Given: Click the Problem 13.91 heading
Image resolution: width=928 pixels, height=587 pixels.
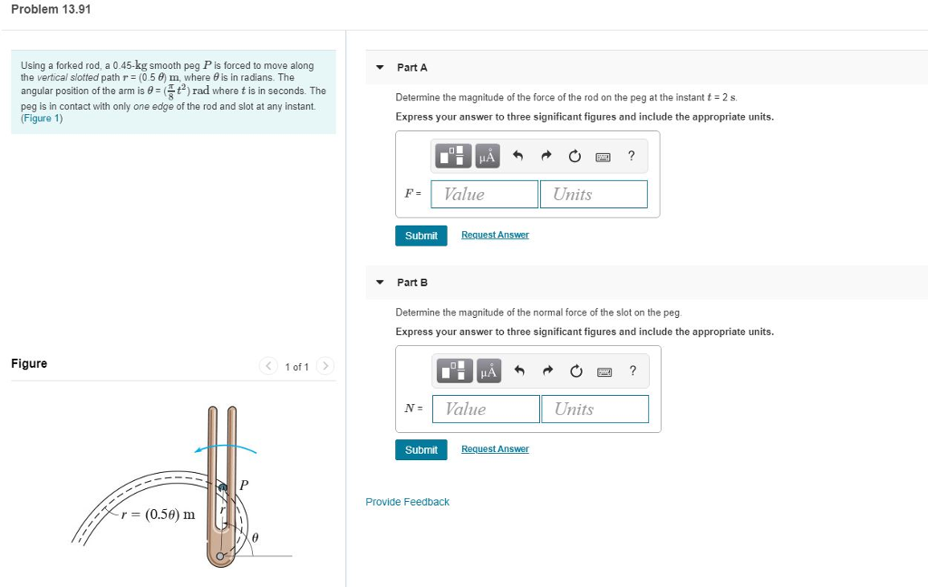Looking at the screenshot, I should (52, 9).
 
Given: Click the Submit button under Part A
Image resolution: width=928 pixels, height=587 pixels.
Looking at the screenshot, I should (420, 236).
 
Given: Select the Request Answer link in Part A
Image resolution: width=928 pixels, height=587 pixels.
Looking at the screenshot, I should (495, 235).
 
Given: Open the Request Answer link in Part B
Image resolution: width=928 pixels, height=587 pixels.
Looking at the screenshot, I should (495, 449).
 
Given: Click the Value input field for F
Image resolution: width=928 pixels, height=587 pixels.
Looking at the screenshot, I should (485, 194).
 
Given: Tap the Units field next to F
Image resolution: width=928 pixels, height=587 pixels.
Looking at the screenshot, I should (594, 194).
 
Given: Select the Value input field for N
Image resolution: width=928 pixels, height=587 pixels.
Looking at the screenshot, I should (486, 409).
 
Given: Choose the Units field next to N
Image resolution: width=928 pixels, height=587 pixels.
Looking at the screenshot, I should (594, 409).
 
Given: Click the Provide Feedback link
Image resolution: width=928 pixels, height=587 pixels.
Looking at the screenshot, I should (407, 502).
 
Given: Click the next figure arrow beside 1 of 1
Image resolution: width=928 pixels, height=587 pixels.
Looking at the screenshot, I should (325, 366).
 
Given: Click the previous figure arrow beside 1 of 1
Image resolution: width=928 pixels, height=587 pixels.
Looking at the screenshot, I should (268, 366).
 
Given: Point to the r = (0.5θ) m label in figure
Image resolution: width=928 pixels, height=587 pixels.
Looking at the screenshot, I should (159, 515).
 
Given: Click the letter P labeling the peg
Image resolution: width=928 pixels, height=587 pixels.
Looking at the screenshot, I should (244, 486).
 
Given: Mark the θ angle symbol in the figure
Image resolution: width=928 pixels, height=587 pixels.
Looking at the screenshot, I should (255, 537).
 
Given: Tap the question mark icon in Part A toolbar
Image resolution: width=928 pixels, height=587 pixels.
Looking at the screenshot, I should (632, 157).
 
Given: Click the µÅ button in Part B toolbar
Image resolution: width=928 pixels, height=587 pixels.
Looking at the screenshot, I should (488, 370).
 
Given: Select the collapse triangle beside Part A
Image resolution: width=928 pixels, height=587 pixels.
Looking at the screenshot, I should (380, 68).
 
